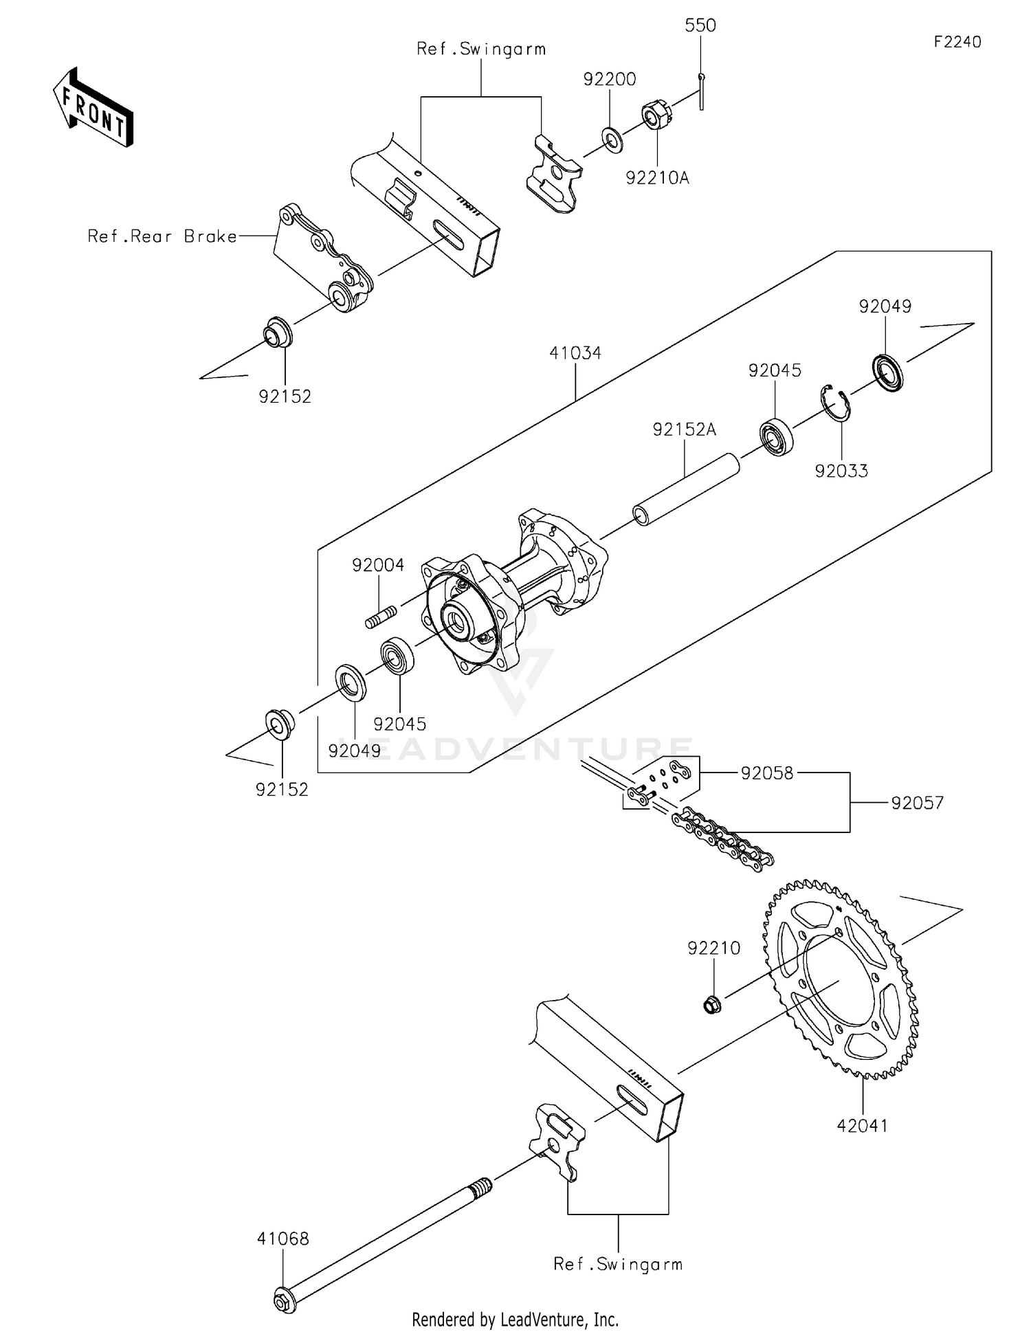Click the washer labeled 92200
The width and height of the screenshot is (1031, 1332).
612,140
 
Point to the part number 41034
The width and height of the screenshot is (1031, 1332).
575,353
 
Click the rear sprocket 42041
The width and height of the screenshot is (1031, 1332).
839,979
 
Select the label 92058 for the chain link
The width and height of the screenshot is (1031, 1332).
767,773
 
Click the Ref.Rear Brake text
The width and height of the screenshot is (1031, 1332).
162,236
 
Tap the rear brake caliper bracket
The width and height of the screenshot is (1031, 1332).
324,257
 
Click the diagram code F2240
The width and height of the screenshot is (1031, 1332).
957,42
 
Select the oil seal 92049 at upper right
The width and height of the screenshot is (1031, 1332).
887,372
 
